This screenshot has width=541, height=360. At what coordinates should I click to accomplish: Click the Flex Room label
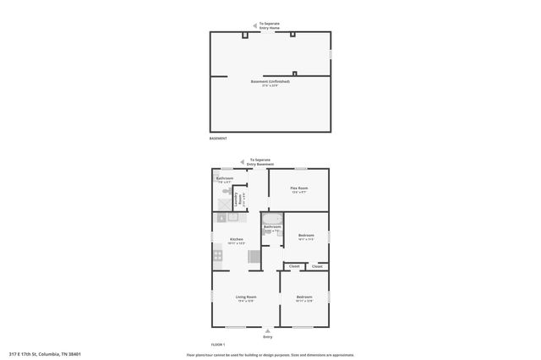[x=299, y=188]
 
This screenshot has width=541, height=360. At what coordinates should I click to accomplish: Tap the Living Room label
[x=246, y=297]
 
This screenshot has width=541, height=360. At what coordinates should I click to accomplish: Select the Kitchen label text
[x=237, y=240]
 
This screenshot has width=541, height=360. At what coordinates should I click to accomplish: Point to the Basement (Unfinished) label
[x=270, y=82]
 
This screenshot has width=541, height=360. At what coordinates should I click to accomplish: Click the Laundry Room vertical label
[x=238, y=199]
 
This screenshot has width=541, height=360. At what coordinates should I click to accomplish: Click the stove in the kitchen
[x=217, y=254]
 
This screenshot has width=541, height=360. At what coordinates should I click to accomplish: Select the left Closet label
[x=294, y=266]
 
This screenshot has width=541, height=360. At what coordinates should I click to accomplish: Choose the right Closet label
[x=317, y=266]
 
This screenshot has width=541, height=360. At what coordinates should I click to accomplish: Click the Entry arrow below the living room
[x=268, y=330]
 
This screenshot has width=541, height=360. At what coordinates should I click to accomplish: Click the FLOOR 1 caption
[x=218, y=345]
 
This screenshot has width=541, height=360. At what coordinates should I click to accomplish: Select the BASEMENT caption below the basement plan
[x=218, y=138]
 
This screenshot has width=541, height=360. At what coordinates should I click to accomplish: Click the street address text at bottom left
[x=45, y=354]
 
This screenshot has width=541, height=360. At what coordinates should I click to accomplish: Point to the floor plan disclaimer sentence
[x=270, y=355]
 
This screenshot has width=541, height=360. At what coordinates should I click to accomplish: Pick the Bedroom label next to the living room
[x=304, y=297]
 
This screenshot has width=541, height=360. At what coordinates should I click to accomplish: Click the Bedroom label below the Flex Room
[x=306, y=236]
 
